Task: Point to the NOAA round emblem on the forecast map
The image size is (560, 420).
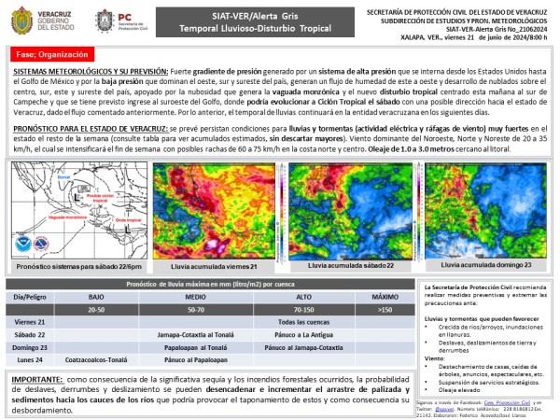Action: tap(21, 245)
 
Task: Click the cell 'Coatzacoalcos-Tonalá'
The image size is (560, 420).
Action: tap(95, 358)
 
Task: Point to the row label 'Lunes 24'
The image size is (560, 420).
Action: tap(31, 358)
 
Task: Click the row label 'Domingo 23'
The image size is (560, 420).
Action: tap(31, 345)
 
